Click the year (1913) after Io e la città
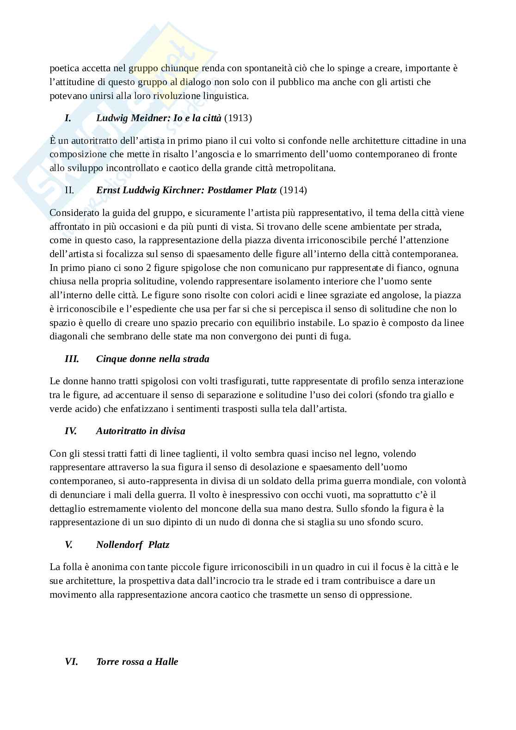(x=238, y=118)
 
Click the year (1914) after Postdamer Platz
(x=293, y=190)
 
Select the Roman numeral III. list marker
(x=72, y=359)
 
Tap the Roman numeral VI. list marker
(x=71, y=662)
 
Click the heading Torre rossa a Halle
(x=137, y=662)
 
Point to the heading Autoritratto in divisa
(x=141, y=431)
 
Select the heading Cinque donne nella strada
(x=153, y=359)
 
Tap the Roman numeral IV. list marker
(x=71, y=431)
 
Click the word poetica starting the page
(x=64, y=68)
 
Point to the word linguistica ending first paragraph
(x=225, y=96)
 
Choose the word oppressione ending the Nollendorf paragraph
(x=386, y=595)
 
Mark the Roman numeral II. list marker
(x=69, y=190)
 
